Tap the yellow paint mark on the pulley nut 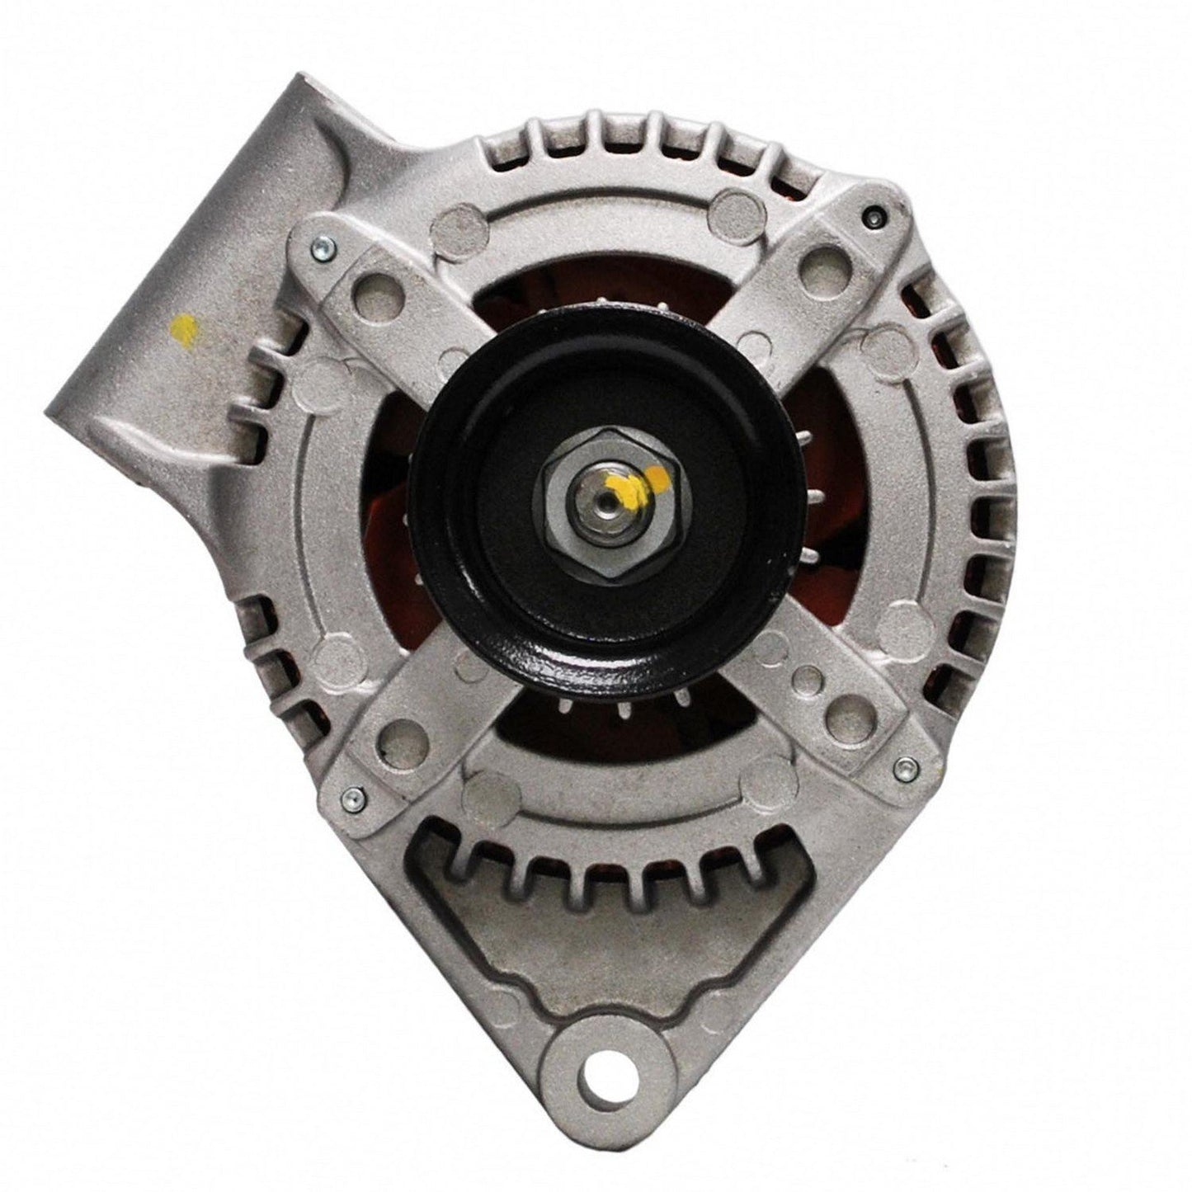point(654,476)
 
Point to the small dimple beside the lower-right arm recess point(812,680)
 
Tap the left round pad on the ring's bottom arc point(480,797)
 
